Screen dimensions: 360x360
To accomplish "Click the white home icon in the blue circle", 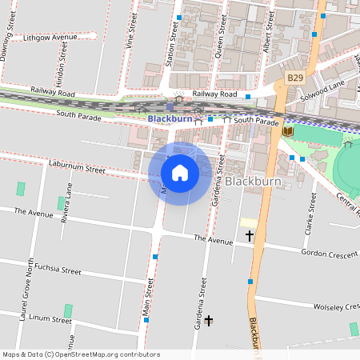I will [x=180, y=173].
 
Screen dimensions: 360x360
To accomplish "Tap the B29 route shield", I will [x=295, y=78].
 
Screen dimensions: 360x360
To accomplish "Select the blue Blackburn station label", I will [x=170, y=118].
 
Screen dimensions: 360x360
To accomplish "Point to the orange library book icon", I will [x=288, y=131].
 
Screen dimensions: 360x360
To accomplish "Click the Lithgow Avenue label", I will [x=50, y=38].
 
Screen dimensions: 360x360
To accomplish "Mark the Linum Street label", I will [x=51, y=319].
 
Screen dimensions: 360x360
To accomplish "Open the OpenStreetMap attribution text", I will [x=81, y=354].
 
